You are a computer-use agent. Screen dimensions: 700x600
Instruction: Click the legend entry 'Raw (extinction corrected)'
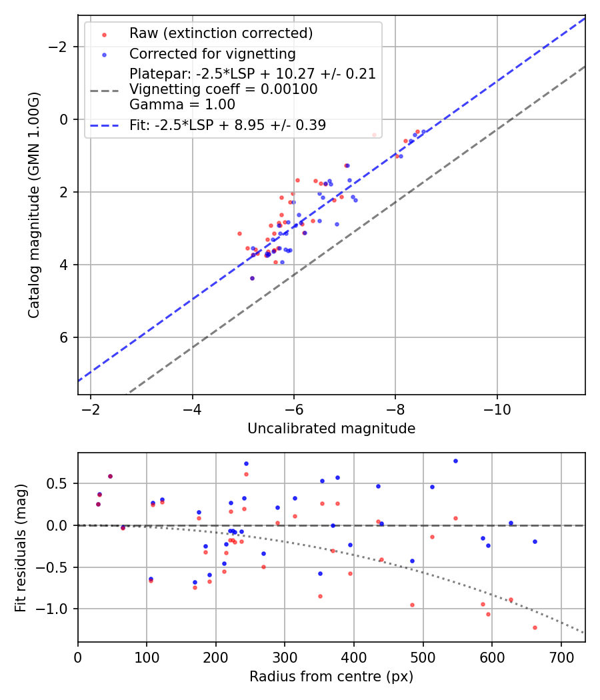[x=221, y=33]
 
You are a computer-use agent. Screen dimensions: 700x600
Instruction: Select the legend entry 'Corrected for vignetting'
[x=212, y=53]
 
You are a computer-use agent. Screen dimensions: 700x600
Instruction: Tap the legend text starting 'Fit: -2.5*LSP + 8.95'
[x=227, y=125]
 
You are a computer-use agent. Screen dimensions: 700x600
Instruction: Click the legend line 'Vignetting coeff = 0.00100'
[x=223, y=89]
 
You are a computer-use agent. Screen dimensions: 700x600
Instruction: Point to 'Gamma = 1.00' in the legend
[x=182, y=105]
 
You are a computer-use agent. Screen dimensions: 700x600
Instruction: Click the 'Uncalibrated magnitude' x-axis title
[x=331, y=429]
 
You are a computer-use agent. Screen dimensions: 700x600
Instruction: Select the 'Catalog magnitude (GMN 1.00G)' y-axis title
[x=34, y=205]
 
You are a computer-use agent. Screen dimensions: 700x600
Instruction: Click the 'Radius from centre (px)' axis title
[x=331, y=677]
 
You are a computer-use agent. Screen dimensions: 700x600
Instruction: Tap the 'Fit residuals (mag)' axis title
[x=21, y=547]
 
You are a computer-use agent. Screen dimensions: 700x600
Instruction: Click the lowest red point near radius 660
[x=535, y=627]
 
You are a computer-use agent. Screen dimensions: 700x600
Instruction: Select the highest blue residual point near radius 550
[x=455, y=461]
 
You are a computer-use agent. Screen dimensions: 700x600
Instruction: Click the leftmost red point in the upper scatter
[x=239, y=233]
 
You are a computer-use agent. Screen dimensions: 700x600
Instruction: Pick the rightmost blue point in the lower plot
[x=535, y=541]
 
